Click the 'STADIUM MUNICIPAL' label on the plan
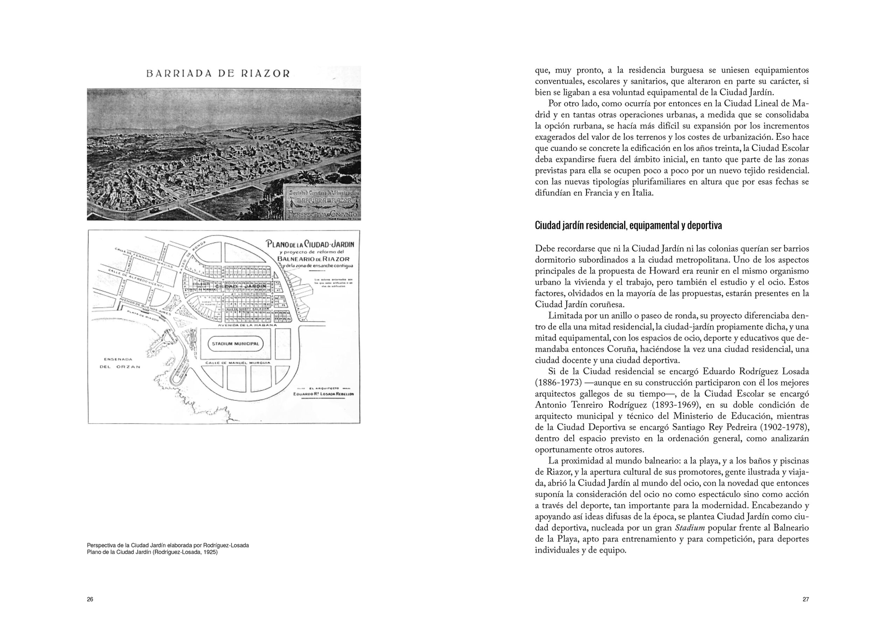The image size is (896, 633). (x=235, y=344)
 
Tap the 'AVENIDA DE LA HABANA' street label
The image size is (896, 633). (x=247, y=325)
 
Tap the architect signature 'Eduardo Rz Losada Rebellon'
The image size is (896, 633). (x=323, y=394)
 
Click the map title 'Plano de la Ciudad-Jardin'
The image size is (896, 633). (x=310, y=245)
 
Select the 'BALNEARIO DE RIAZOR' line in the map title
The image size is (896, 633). (x=313, y=259)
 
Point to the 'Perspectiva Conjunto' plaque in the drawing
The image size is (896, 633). (x=322, y=214)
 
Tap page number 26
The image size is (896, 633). (x=90, y=599)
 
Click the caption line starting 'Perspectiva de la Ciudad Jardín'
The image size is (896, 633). (x=168, y=545)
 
